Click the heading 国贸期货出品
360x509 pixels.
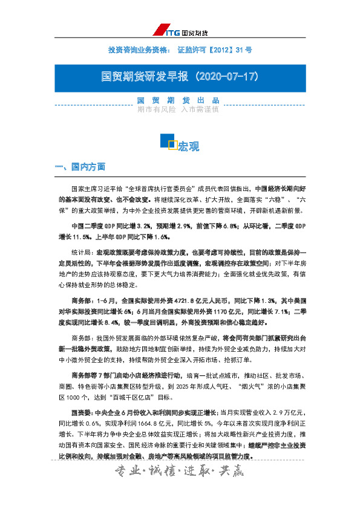pyautogui.click(x=177, y=100)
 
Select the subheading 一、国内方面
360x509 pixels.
pyautogui.click(x=80, y=166)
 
